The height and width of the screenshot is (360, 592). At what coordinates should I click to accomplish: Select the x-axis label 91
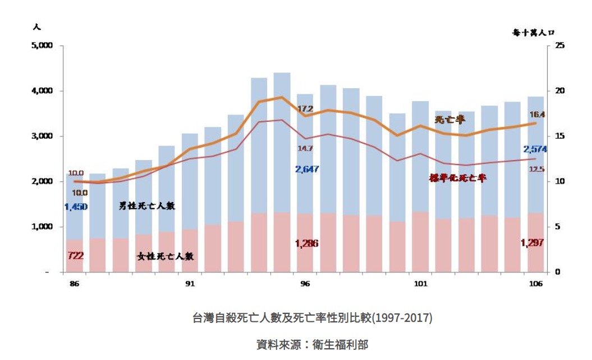click(x=190, y=284)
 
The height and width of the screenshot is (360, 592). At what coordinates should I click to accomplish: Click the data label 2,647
click(x=307, y=169)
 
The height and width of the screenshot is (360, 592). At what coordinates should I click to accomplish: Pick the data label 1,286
click(x=306, y=244)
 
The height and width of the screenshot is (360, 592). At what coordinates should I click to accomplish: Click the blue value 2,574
click(x=534, y=149)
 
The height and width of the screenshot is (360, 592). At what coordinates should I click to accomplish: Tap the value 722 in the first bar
click(x=75, y=256)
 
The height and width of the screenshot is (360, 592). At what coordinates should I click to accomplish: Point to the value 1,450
click(x=76, y=207)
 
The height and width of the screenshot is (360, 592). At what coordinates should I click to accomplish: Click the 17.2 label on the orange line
click(x=305, y=108)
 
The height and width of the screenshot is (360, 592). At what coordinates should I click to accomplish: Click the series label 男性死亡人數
click(x=147, y=206)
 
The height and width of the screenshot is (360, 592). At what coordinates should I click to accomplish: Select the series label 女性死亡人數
click(x=166, y=256)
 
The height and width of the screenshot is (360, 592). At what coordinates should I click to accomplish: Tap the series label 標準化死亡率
click(x=457, y=178)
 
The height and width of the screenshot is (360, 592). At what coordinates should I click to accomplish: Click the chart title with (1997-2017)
click(x=312, y=318)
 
